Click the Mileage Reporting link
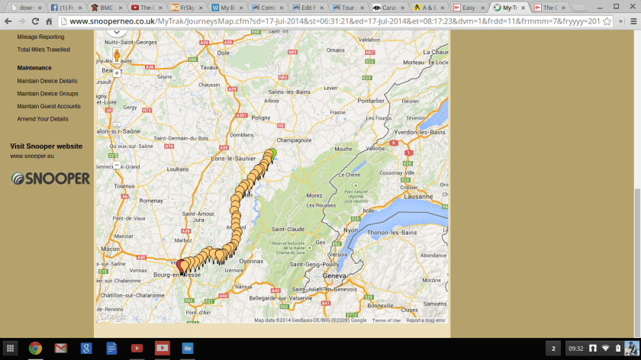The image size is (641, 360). click(40, 37)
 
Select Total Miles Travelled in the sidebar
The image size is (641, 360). click(43, 50)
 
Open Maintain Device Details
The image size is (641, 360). click(47, 81)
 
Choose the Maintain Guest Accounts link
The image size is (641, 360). click(49, 106)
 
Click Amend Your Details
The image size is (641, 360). click(43, 119)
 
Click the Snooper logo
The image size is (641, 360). click(50, 178)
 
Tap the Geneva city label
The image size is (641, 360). click(334, 275)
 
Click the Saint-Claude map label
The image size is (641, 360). click(288, 230)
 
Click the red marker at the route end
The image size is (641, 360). click(181, 265)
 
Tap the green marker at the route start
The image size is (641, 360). click(272, 153)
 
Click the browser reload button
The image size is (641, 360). click(35, 21)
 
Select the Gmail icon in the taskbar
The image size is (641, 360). click(60, 349)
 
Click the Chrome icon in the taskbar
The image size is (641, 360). click(35, 349)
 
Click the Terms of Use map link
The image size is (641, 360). click(385, 320)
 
